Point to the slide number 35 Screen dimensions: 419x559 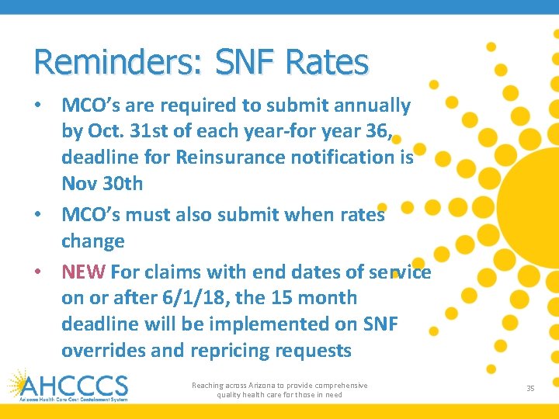(530, 388)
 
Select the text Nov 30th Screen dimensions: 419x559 (102, 184)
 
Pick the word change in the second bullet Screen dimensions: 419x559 (93, 241)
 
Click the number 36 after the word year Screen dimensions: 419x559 (377, 132)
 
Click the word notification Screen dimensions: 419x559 (346, 158)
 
